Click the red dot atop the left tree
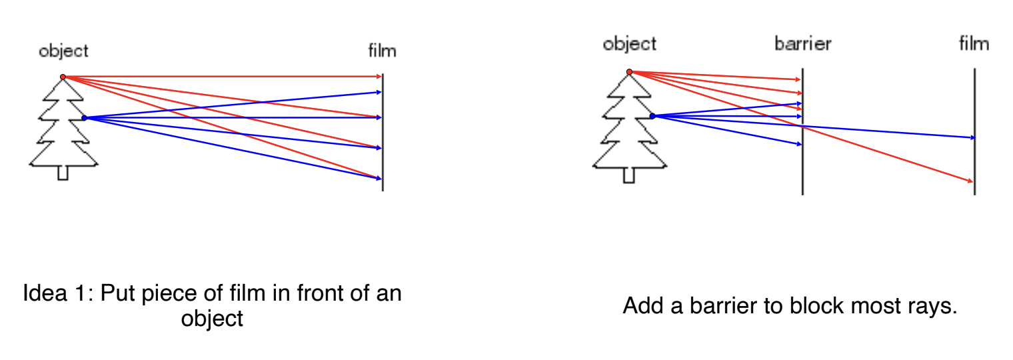[63, 77]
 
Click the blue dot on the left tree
[84, 118]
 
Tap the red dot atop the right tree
[629, 71]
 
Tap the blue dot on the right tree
[652, 116]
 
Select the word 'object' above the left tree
[63, 51]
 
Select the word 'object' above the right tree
[630, 44]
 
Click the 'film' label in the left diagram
[382, 51]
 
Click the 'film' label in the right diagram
[974, 43]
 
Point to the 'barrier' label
[802, 43]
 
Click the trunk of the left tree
[63, 173]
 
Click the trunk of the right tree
[628, 175]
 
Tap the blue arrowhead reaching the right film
[972, 137]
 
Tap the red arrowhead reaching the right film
[970, 181]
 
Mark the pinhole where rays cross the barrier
[802, 127]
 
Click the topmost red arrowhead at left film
[379, 77]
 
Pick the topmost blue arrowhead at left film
[379, 92]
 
